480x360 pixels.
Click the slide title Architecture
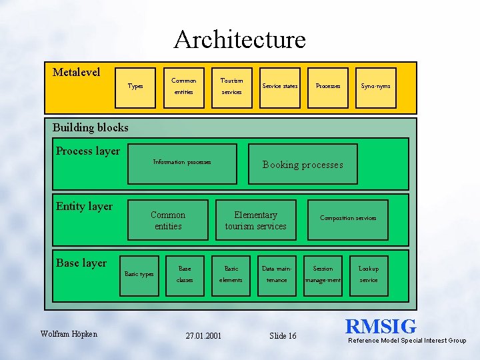[240, 39]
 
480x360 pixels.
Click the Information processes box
[182, 163]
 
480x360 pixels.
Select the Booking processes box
[303, 164]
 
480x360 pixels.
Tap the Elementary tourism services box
[255, 220]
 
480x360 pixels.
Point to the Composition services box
[348, 219]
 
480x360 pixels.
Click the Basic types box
[139, 275]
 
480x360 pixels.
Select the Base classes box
[185, 275]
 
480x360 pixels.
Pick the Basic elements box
[231, 275]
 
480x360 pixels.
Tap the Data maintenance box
[277, 275]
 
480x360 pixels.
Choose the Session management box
[323, 275]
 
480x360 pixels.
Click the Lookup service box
[369, 275]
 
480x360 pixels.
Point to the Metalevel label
[77, 71]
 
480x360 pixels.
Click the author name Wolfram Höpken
[68, 333]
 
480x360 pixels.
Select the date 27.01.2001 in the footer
[204, 335]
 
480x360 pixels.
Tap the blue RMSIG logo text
[381, 327]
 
